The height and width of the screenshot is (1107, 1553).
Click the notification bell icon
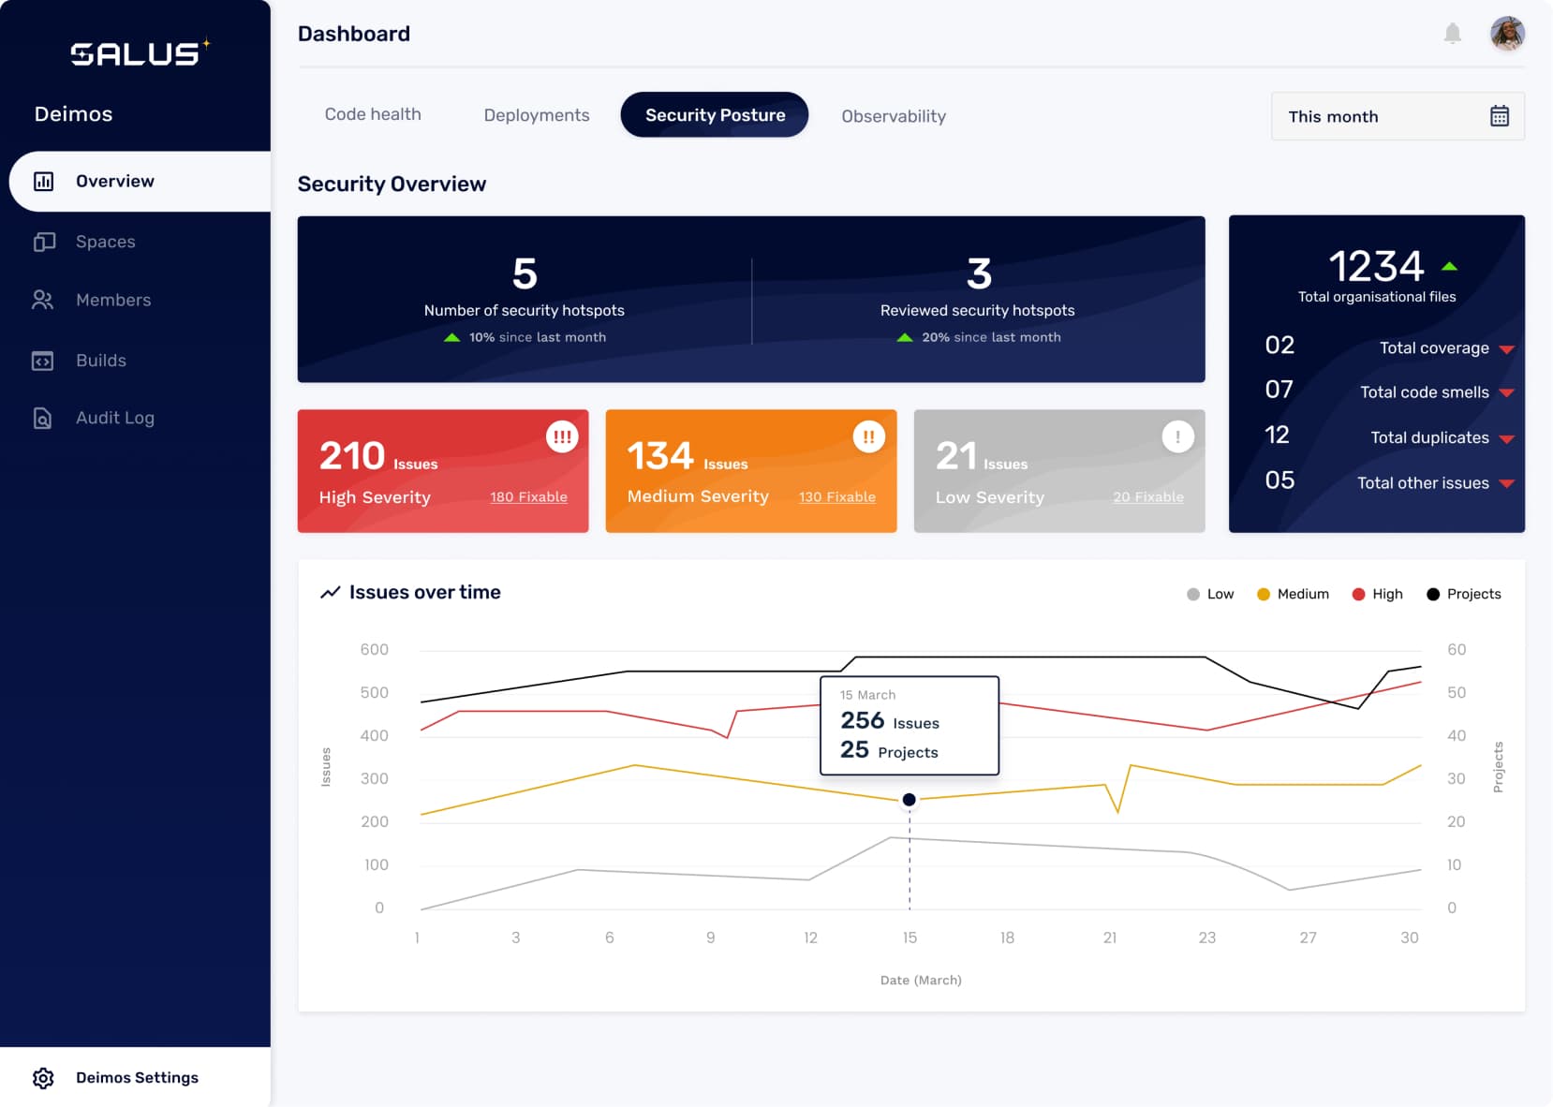pos(1452,34)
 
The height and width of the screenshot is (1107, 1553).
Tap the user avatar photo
pos(1507,34)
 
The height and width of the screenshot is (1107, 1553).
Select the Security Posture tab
pos(715,115)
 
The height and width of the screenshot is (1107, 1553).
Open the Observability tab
pos(894,116)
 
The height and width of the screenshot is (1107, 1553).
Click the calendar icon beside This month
pos(1499,116)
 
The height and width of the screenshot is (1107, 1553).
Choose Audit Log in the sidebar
pos(114,418)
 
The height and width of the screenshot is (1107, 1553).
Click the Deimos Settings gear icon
pos(43,1078)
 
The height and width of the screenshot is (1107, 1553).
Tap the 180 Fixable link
pos(528,497)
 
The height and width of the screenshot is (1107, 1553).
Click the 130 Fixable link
pos(836,497)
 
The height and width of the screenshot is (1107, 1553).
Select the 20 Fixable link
pos(1147,497)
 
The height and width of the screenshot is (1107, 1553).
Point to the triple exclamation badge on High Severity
pos(562,436)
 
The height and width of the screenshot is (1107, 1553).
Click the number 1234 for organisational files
pos(1376,267)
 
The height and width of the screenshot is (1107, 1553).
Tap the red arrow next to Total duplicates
pos(1506,438)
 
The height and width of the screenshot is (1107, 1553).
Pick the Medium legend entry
pos(1293,594)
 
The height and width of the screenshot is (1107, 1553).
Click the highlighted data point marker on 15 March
pos(909,800)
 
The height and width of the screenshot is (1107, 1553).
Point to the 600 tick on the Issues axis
pos(374,649)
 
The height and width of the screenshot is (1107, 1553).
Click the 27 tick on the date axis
pos(1308,937)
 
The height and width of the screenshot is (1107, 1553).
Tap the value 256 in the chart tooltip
pos(862,720)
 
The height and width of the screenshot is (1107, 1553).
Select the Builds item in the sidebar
pos(100,361)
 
